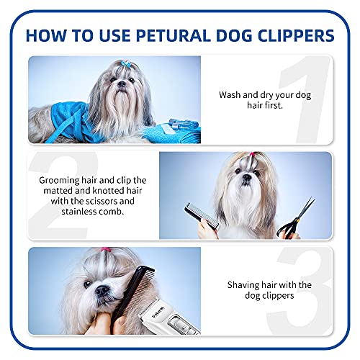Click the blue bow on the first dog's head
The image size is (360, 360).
tap(127, 65)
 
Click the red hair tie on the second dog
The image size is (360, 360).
tap(250, 156)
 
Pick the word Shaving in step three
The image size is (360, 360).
tap(238, 284)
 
